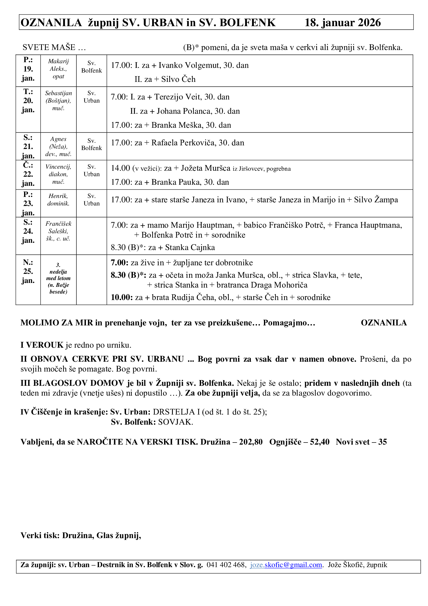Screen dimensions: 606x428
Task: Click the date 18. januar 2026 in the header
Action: click(x=342, y=23)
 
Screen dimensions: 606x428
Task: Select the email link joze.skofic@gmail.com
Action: click(x=286, y=565)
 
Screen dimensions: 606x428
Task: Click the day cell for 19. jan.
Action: click(x=28, y=69)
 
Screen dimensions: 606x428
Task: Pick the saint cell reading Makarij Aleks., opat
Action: click(x=58, y=69)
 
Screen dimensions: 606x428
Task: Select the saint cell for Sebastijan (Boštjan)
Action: click(x=58, y=101)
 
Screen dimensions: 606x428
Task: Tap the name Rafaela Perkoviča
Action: click(x=183, y=143)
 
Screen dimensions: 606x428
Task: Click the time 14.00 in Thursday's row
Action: click(x=120, y=168)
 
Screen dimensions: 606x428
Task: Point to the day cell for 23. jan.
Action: click(x=28, y=203)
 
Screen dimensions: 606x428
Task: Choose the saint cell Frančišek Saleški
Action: click(x=58, y=231)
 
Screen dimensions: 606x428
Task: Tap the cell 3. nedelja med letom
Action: click(x=58, y=278)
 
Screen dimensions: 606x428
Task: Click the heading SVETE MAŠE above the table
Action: click(x=49, y=47)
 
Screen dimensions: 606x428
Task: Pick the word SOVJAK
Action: click(x=175, y=422)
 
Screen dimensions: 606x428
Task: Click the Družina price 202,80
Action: click(x=251, y=442)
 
